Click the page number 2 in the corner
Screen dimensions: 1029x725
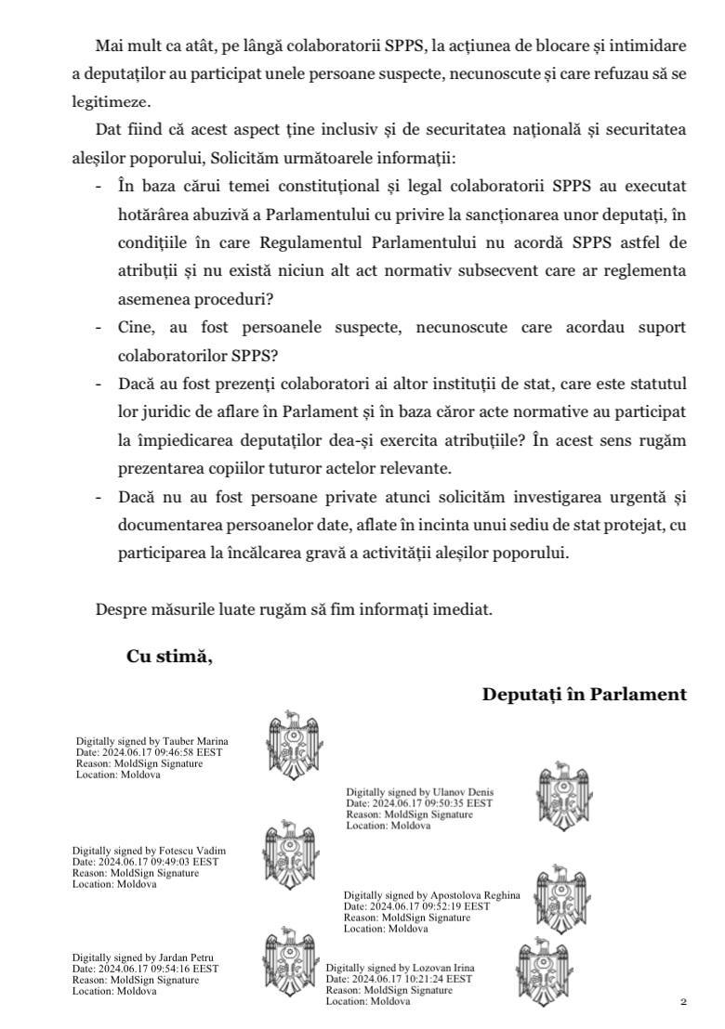(683, 1002)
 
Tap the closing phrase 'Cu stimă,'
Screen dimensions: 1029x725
(169, 657)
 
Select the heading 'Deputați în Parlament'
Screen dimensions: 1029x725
(585, 694)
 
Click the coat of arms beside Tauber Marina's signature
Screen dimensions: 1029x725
(293, 743)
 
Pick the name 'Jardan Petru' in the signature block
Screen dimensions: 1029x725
(187, 957)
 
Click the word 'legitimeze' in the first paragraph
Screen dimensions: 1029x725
(109, 102)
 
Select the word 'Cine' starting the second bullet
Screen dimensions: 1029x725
(137, 327)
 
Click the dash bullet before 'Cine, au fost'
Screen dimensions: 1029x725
(99, 327)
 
